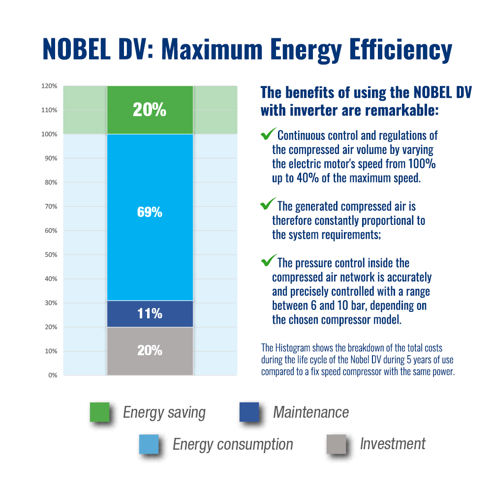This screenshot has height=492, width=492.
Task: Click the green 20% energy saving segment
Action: click(150, 110)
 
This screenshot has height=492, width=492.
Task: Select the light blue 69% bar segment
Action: click(150, 216)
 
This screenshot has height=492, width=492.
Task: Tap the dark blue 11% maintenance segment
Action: click(150, 313)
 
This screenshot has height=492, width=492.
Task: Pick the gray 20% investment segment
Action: click(150, 350)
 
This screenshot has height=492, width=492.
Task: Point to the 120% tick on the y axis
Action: click(50, 86)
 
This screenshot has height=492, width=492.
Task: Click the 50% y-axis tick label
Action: click(51, 255)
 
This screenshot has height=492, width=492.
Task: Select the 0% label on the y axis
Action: click(53, 375)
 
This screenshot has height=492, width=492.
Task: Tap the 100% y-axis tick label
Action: click(50, 134)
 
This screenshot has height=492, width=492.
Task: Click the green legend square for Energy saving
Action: click(99, 412)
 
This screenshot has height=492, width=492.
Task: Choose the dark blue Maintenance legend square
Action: click(249, 412)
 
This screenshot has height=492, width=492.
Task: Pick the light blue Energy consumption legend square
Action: click(149, 444)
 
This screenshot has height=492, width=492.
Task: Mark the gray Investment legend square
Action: click(336, 444)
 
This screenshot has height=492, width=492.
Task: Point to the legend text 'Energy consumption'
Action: click(233, 444)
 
